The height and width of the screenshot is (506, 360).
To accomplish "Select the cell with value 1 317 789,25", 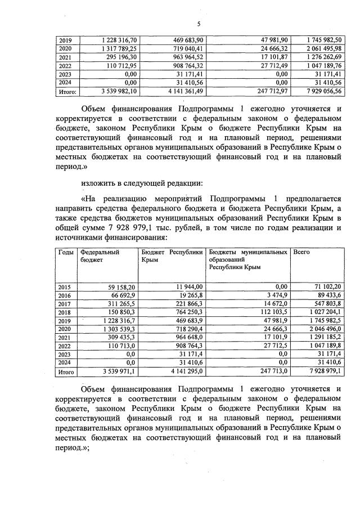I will pyautogui.click(x=119, y=49).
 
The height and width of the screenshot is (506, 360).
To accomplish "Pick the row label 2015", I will pyautogui.click(x=66, y=287).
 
